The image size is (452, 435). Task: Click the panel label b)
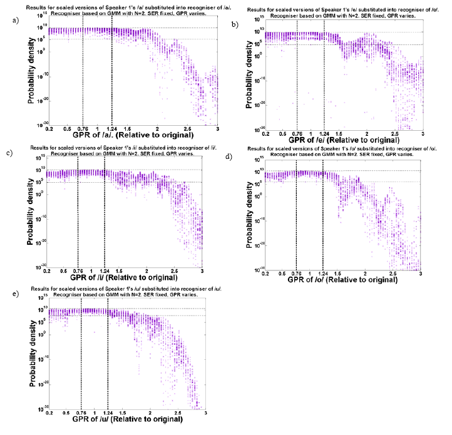pos(235,24)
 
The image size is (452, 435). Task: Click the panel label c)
pos(9,153)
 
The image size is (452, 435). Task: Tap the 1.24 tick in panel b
pos(324,133)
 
